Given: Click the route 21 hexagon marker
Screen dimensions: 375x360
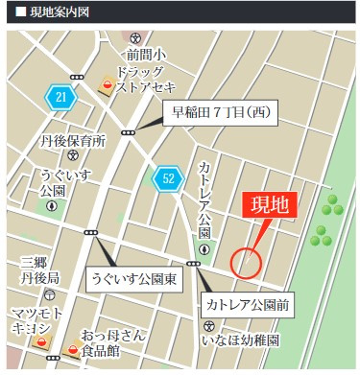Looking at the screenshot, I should (60, 97).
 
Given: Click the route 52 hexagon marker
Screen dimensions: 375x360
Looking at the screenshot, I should (168, 178).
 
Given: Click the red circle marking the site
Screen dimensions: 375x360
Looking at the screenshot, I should (247, 261).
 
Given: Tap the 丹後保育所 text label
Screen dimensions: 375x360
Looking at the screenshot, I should (72, 141).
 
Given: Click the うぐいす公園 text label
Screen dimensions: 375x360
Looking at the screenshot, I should (51, 182).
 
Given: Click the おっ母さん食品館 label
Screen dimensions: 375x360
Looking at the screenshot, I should (113, 342).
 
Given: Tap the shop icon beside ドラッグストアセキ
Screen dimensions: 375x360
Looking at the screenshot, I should (108, 88).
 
